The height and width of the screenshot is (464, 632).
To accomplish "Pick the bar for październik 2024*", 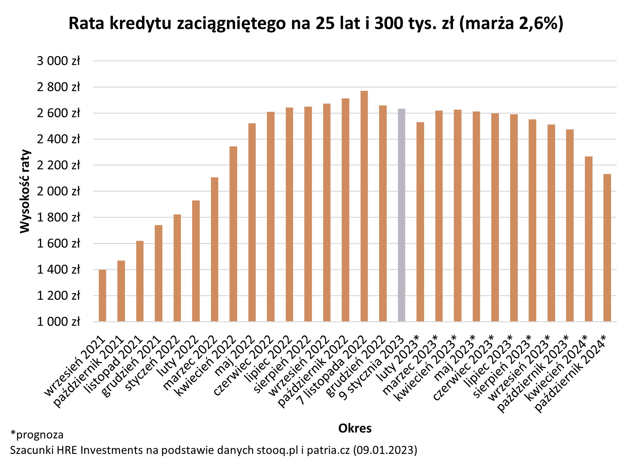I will [607, 247].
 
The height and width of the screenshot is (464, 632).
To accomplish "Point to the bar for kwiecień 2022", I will [233, 234].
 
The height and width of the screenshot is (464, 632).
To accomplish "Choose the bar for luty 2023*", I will [420, 222].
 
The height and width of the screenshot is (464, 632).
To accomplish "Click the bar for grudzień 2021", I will [158, 273].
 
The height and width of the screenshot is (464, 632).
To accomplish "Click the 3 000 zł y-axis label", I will [58, 61].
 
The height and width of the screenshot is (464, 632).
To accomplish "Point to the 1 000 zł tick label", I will [58, 322].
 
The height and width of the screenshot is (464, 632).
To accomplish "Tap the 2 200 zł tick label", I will [58, 165].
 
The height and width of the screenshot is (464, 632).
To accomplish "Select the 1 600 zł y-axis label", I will [58, 244].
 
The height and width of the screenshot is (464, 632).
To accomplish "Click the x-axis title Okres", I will [355, 428].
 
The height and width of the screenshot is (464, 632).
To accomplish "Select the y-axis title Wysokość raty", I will [25, 191].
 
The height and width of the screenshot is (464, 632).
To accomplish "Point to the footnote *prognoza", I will [37, 435].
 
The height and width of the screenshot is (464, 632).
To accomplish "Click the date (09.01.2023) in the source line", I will [385, 450].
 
